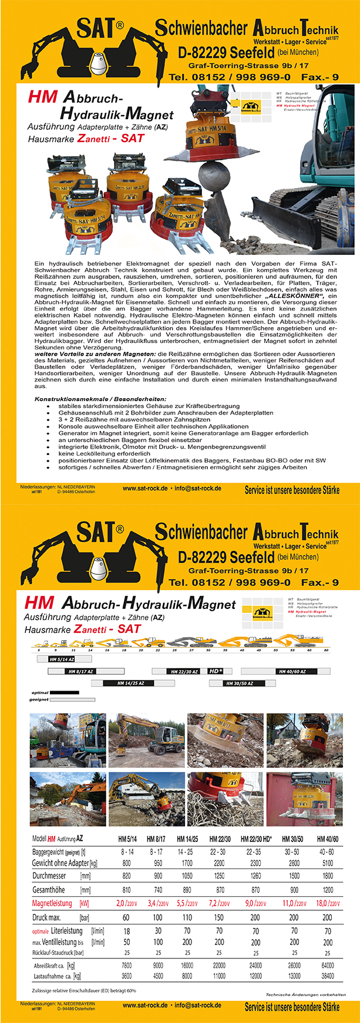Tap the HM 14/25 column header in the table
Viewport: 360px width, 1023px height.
pyautogui.click(x=187, y=839)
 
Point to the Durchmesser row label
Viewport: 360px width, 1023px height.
pyautogui.click(x=49, y=876)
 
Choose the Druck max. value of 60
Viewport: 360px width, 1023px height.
pyautogui.click(x=126, y=917)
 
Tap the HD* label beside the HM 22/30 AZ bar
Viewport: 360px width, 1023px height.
pyautogui.click(x=216, y=671)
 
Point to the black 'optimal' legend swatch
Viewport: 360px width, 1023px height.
pyautogui.click(x=64, y=693)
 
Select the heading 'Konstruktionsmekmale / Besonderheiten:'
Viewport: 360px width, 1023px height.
pyautogui.click(x=100, y=399)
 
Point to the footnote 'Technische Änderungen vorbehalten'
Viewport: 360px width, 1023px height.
pyautogui.click(x=306, y=995)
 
